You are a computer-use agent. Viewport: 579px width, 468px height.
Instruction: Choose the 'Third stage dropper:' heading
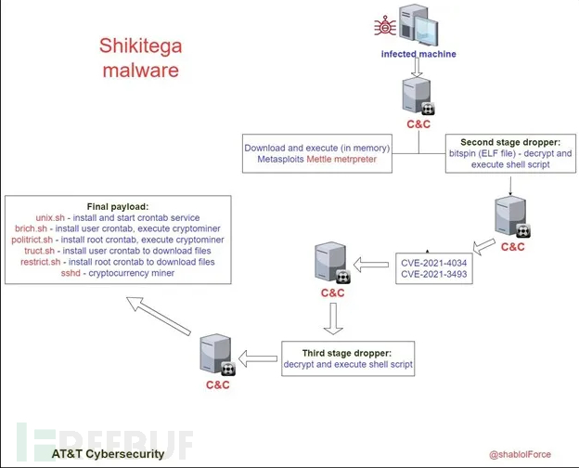348,353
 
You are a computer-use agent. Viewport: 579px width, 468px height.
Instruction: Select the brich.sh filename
34,228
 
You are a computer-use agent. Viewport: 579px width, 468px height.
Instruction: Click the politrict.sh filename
33,240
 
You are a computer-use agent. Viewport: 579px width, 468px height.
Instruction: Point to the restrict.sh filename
41,262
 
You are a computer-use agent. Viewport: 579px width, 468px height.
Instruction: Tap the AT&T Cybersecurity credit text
108,454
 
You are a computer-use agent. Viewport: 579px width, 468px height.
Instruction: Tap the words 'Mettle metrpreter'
346,161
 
